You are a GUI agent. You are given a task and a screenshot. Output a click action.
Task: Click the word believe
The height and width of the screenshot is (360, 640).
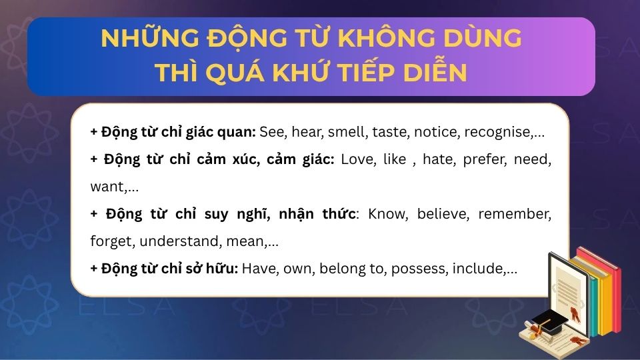pyautogui.click(x=453, y=214)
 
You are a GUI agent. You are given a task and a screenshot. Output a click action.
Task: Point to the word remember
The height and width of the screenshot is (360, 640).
pyautogui.click(x=522, y=214)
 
